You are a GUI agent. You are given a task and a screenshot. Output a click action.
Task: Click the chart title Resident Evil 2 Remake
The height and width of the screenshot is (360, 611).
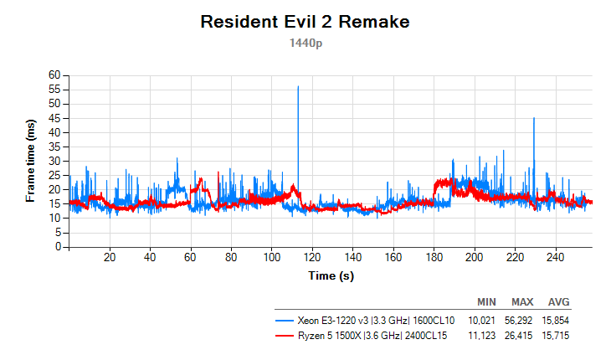pos(305,23)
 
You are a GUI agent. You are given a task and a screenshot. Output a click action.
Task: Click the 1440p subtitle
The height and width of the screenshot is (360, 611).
pos(305,42)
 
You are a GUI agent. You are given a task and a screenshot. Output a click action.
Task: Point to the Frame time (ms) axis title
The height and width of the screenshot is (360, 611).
pos(31,161)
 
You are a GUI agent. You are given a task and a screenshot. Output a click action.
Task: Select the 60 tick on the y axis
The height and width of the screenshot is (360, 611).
pos(57,75)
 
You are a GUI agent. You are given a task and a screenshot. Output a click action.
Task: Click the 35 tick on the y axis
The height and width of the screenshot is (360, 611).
pos(57,147)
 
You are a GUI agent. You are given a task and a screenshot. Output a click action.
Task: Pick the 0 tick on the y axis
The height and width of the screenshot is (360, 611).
pos(59,247)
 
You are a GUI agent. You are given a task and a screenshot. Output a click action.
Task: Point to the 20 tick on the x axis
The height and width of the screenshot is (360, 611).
pos(110,258)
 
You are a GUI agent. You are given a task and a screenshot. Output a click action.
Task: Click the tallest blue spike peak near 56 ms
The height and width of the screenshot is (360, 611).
pos(297,86)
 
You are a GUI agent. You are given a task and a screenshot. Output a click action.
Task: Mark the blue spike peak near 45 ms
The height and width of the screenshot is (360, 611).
pos(533,118)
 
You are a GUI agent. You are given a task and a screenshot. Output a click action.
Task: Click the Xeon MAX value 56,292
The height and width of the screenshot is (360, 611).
pos(522,320)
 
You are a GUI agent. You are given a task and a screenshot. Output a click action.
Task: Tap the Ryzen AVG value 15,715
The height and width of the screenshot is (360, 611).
pos(559,335)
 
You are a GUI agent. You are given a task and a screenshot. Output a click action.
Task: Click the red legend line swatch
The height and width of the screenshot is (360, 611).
pos(285,335)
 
